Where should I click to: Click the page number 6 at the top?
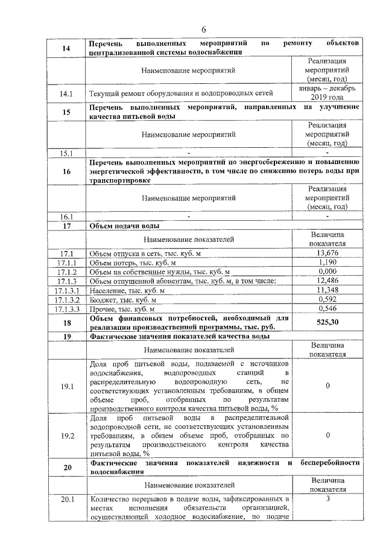click(204, 30)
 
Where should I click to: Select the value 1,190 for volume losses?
click(326, 262)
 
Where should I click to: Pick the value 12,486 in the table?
click(326, 281)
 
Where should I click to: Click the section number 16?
click(66, 171)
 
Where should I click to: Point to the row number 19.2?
click(66, 434)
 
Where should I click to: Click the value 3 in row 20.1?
click(326, 499)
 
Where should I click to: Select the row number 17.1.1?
click(66, 262)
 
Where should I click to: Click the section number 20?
click(66, 468)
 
